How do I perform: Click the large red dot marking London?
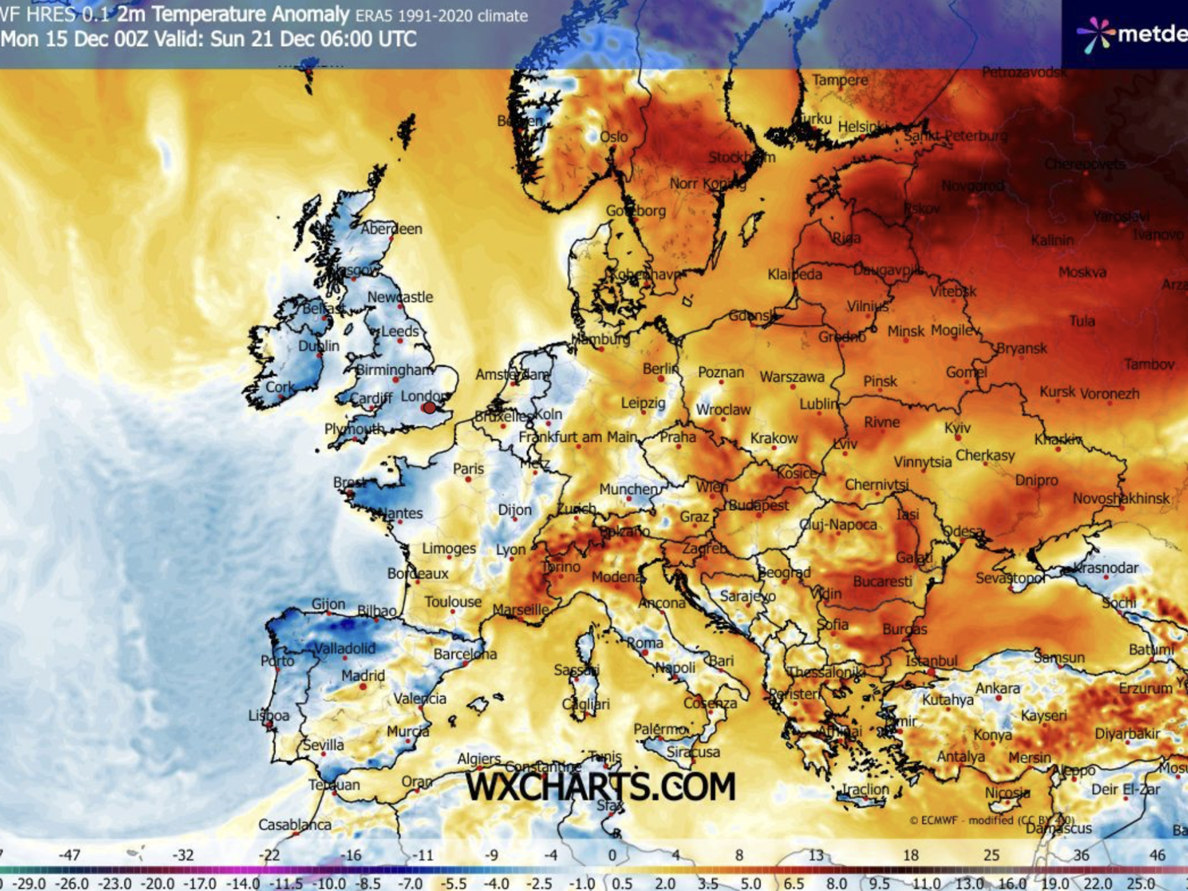[x=429, y=408]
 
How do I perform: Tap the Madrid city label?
[x=363, y=675]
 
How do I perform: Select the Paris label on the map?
[x=468, y=469]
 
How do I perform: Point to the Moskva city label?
[x=1082, y=272]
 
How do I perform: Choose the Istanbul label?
[x=931, y=661]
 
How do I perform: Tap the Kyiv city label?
[x=957, y=428]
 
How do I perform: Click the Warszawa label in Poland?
[x=792, y=377]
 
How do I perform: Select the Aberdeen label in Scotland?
[x=392, y=229]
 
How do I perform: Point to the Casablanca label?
[x=295, y=824]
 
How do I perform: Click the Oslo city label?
[x=614, y=137]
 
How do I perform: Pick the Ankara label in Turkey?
[x=997, y=688]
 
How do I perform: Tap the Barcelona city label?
[x=465, y=654]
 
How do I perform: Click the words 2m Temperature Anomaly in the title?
[x=233, y=14]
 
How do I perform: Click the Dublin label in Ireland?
[x=318, y=346]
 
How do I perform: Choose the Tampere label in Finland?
[x=840, y=80]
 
